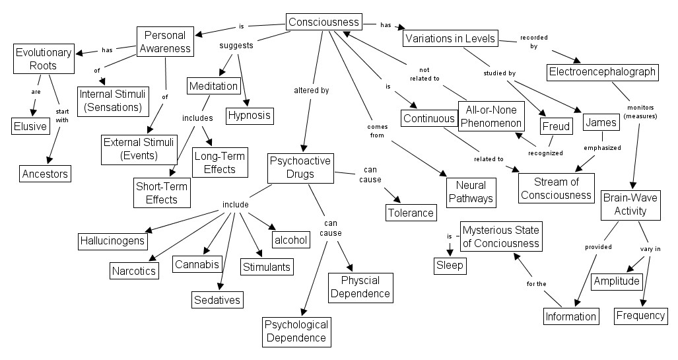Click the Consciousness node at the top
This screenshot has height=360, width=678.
point(323,22)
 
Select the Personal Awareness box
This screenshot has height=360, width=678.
point(164,41)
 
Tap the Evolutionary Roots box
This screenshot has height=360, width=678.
point(44,59)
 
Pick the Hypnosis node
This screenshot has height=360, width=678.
point(249,116)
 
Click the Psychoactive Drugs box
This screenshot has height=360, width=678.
point(300,168)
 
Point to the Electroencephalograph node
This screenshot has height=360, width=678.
point(602,71)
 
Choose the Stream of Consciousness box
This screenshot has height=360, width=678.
point(556,188)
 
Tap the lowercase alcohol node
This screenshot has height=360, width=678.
point(290,239)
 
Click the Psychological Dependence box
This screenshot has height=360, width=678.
point(296,331)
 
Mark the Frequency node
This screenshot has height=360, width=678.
point(640,315)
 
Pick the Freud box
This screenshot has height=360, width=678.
point(555,126)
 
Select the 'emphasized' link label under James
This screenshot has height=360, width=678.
point(603,148)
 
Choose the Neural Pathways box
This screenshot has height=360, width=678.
point(470,192)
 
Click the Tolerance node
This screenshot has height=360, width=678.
point(411,212)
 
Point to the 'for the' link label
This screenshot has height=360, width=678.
point(536,283)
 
